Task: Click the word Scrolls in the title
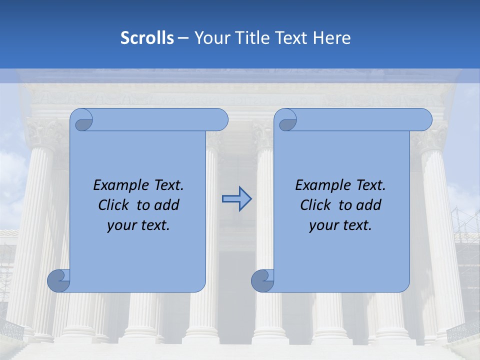(147, 38)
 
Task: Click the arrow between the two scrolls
(236, 198)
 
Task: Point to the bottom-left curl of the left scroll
(58, 281)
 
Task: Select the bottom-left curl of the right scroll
(262, 281)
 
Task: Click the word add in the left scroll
(167, 205)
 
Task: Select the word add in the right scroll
(369, 205)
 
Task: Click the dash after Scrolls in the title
(183, 38)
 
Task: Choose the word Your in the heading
(209, 38)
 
